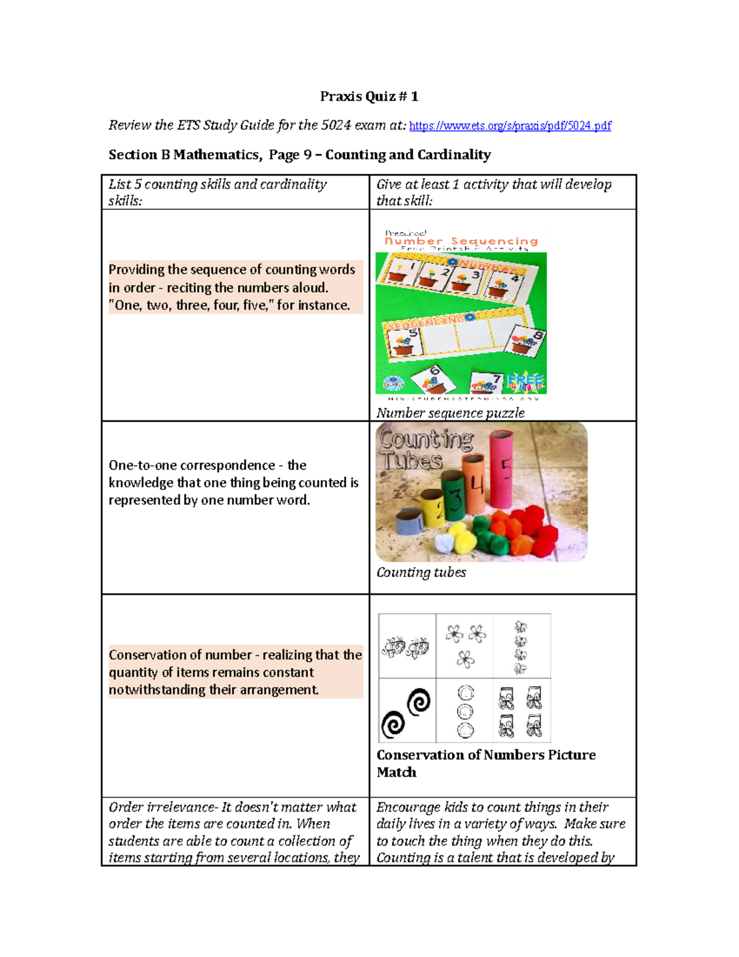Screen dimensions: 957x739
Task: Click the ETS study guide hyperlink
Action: [x=510, y=126]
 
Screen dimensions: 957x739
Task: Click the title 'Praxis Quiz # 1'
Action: [x=369, y=96]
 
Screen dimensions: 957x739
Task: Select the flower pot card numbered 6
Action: [x=432, y=379]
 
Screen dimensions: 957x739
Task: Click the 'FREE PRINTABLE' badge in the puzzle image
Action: [x=527, y=383]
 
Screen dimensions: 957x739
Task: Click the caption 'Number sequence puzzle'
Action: [x=450, y=413]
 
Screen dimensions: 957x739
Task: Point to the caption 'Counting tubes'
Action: [x=421, y=572]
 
